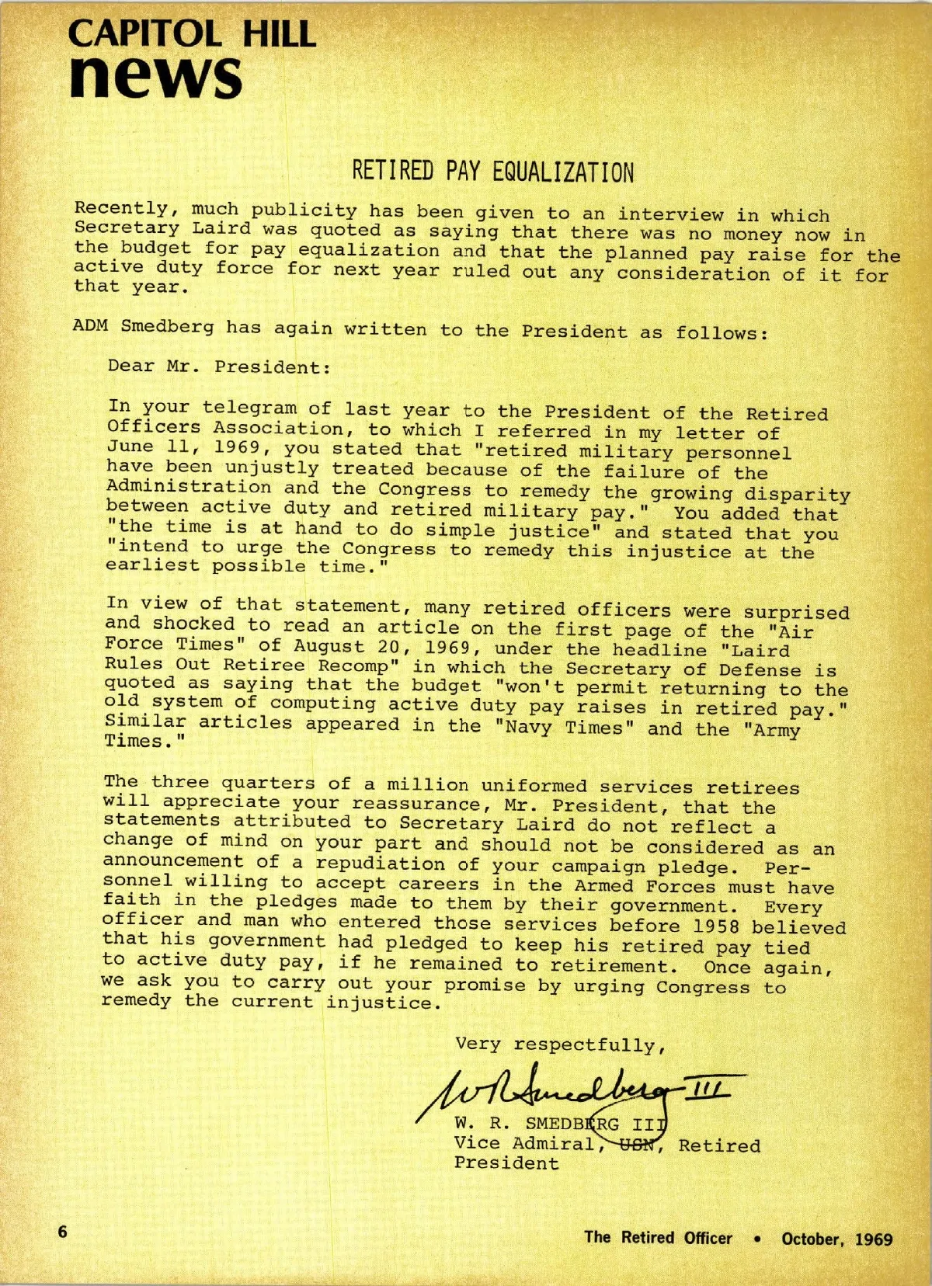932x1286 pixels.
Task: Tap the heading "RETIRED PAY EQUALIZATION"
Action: (493, 171)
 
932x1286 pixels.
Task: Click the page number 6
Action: (63, 1232)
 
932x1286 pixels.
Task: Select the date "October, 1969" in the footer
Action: (837, 1239)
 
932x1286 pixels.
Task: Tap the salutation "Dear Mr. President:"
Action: (219, 367)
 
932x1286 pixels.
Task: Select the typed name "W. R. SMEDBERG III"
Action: (559, 1124)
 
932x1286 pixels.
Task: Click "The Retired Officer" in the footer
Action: (658, 1238)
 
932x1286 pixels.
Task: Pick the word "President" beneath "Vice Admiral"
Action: (506, 1163)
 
